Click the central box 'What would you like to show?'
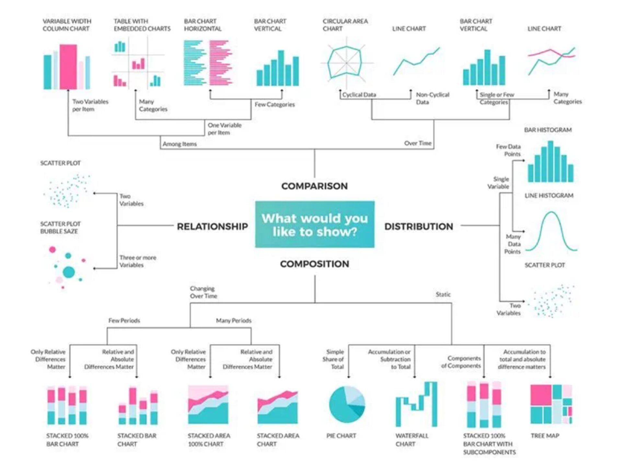315,225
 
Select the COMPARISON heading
314,186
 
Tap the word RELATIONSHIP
212,227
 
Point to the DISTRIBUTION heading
419,227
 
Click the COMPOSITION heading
314,264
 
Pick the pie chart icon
347,405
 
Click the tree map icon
551,405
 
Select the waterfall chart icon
416,405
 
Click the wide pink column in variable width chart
68,67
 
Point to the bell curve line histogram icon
551,231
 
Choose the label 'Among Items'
179,144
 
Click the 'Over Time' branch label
418,143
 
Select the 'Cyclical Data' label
359,95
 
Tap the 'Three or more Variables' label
137,261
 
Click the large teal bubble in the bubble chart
69,272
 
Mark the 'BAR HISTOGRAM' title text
548,130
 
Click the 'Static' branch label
443,294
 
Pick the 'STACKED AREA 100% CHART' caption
209,440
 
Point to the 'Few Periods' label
124,321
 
